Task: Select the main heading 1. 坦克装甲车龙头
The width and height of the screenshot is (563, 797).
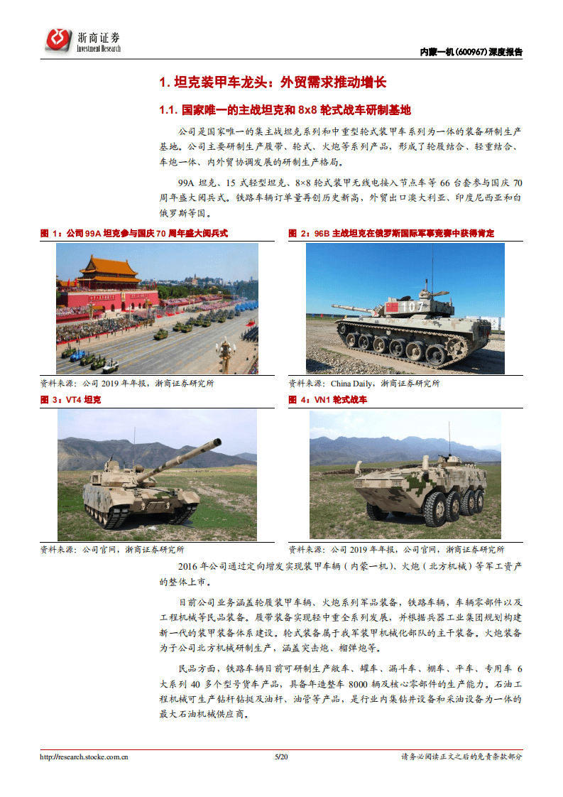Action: coord(273,82)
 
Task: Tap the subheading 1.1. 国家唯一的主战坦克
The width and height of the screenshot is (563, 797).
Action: coord(285,110)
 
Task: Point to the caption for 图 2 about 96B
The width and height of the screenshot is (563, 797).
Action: coord(391,233)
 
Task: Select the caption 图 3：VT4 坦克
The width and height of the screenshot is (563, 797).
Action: coord(71,400)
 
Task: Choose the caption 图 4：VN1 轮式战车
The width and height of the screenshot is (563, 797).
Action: coord(327,400)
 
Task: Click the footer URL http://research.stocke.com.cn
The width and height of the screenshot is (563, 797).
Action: coord(84,757)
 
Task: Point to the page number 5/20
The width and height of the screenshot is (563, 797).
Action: coord(281,757)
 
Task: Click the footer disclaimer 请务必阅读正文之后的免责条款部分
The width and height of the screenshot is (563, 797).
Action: coord(461,757)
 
